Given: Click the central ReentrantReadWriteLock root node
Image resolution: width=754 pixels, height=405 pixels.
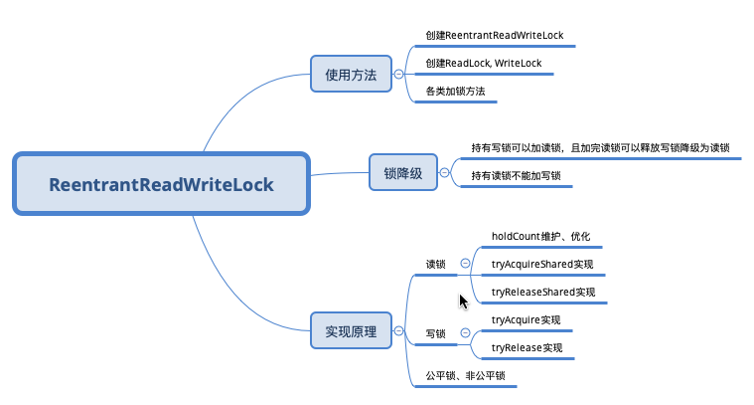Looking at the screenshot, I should tap(161, 184).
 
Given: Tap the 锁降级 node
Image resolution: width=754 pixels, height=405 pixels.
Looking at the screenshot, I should tap(402, 173).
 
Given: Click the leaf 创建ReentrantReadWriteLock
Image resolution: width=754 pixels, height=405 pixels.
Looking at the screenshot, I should tap(495, 36).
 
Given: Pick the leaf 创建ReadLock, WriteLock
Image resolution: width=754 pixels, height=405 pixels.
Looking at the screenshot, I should tap(483, 64).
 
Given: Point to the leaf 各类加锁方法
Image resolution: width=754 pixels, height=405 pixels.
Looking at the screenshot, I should tap(455, 92).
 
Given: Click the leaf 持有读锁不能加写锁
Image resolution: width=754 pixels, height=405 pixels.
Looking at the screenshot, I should tap(516, 176).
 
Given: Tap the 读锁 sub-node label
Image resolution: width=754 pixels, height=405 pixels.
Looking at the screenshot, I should tap(436, 265).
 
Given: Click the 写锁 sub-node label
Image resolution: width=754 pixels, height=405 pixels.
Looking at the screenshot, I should tap(436, 333).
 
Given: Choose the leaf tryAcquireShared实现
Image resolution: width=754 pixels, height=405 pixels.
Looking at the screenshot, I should tap(542, 265).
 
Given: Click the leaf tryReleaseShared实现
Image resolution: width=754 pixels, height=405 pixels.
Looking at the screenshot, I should tap(543, 293).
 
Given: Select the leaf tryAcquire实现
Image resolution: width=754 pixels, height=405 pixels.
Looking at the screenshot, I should tap(527, 320).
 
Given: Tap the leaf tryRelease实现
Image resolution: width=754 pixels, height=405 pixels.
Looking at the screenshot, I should tap(527, 348).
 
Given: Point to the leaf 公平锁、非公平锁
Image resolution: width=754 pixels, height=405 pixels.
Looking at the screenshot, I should tap(465, 376).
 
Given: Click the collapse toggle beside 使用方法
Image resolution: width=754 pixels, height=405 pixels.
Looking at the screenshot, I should tap(398, 74).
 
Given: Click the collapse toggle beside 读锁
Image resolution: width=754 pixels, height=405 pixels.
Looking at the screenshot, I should tap(466, 264).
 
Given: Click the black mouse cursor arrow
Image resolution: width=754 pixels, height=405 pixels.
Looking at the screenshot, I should tap(462, 300).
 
